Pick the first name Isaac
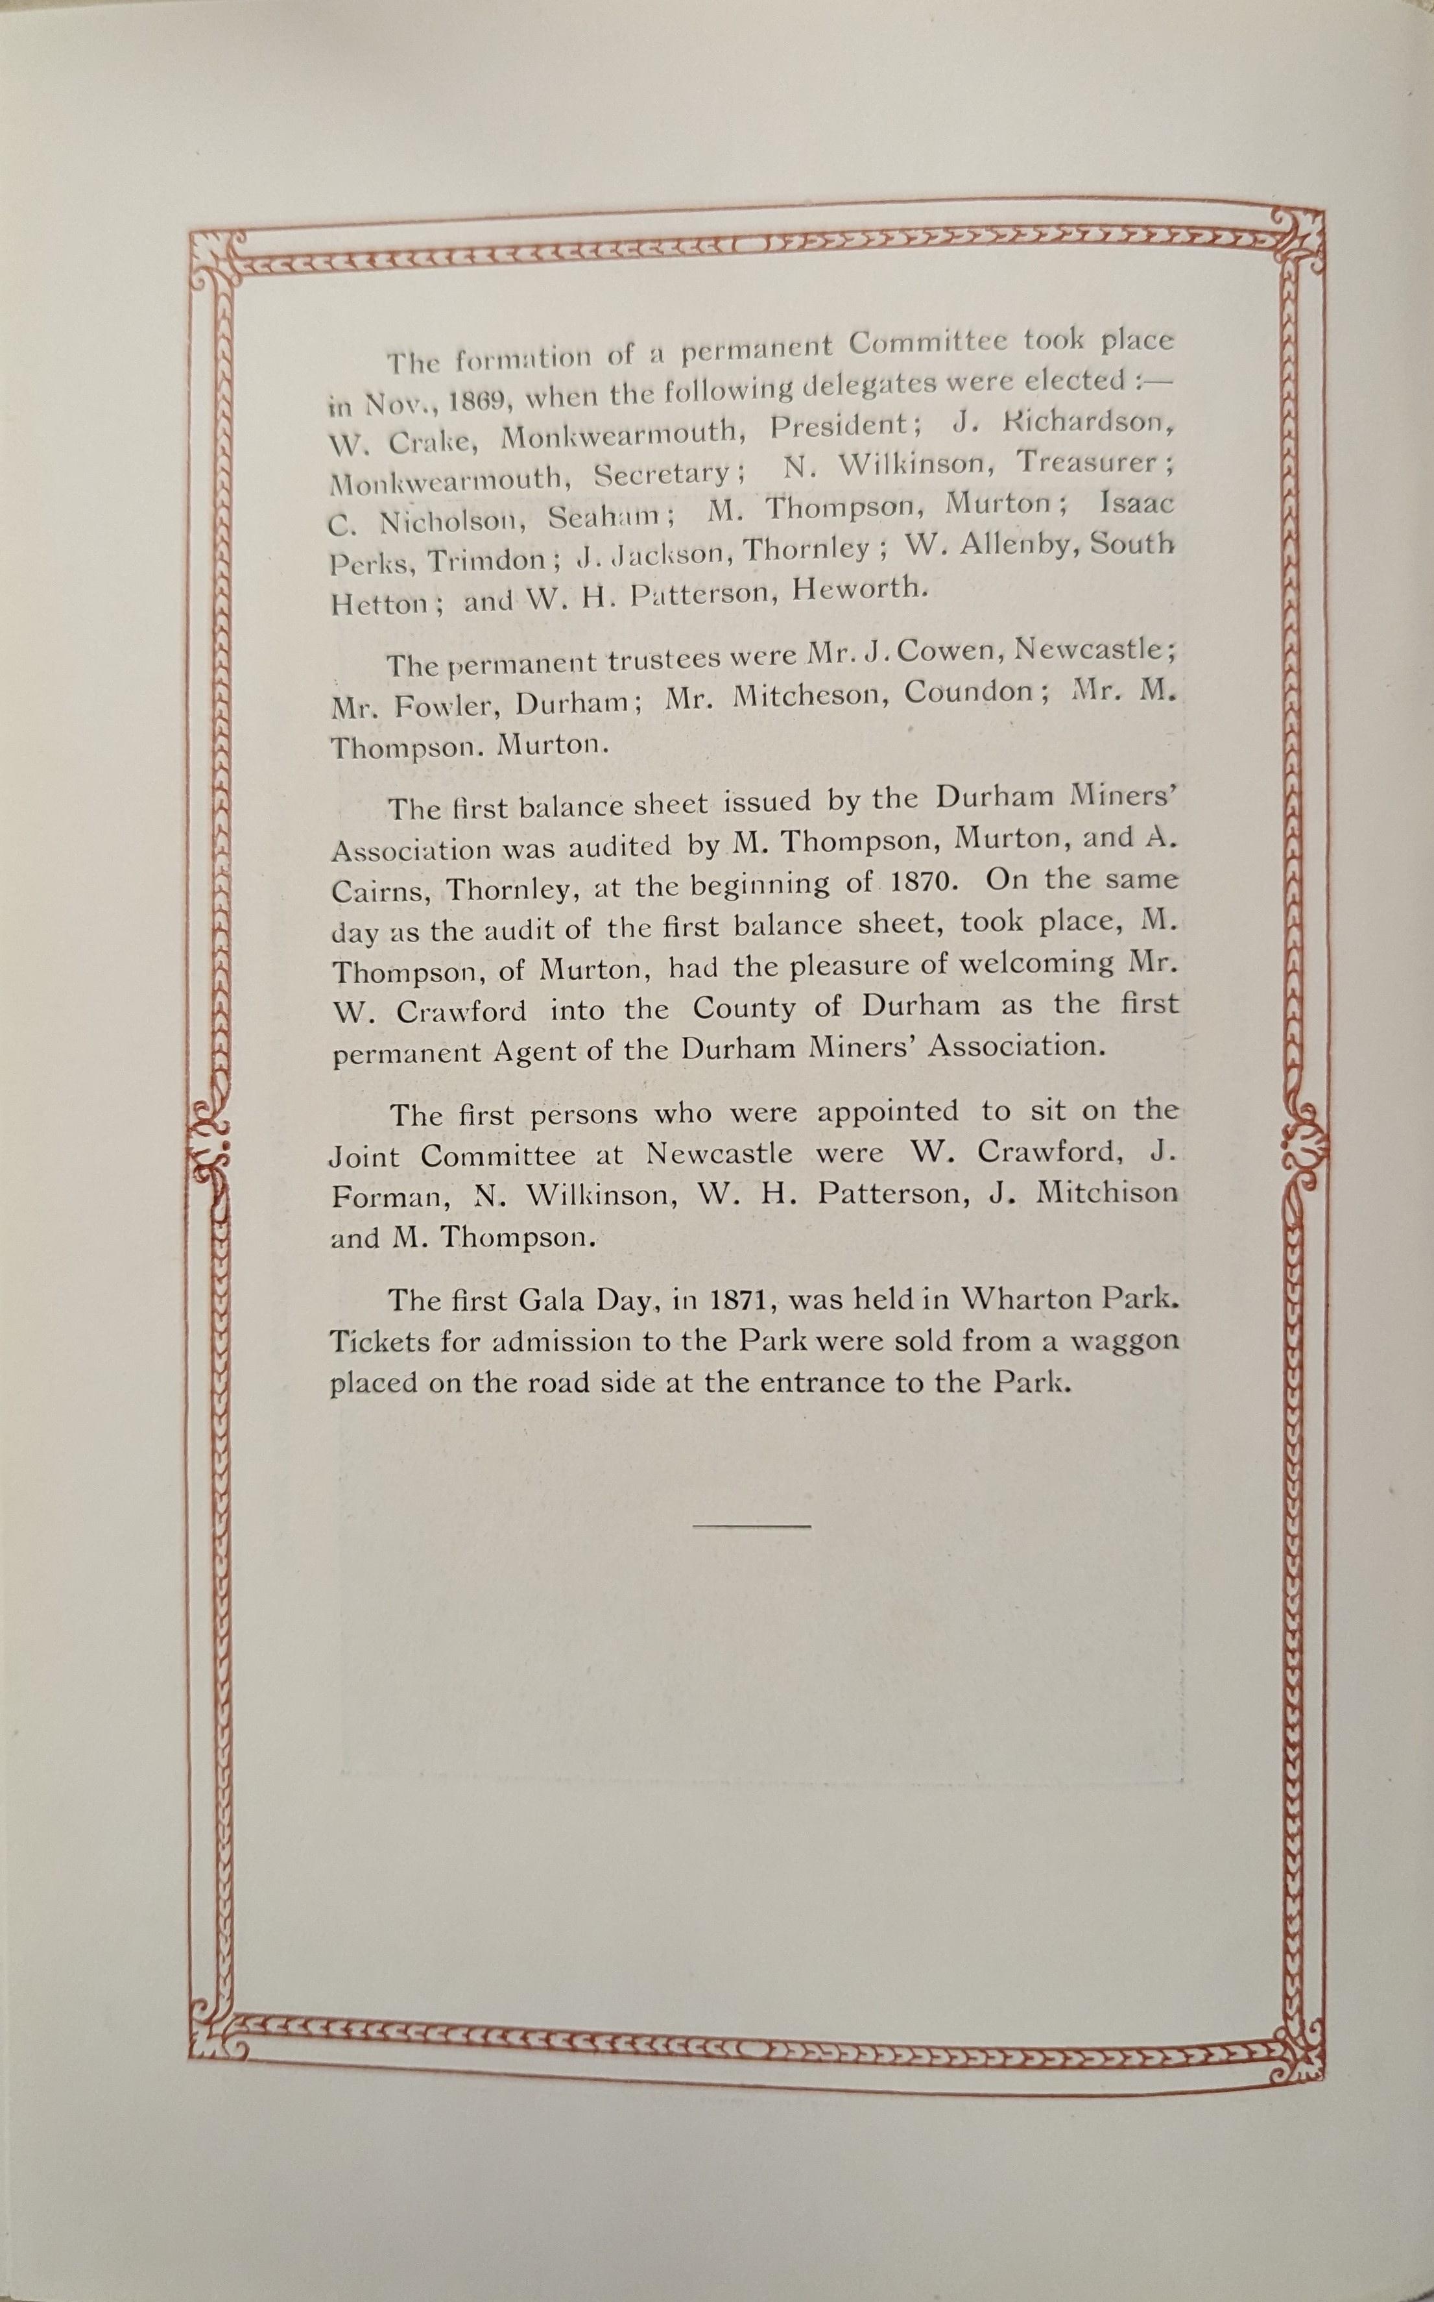[1136, 503]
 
